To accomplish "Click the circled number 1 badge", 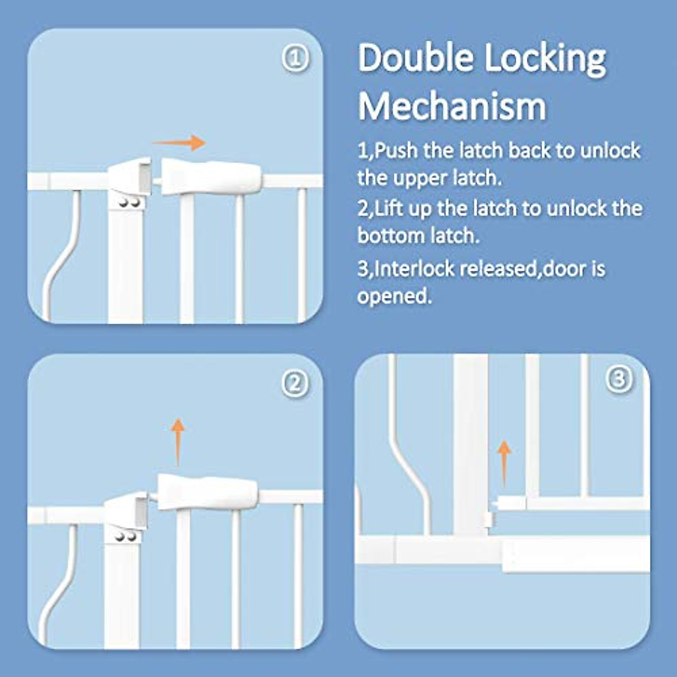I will click(x=295, y=59).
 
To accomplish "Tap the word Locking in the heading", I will click(x=545, y=59).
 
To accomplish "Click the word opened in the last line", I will click(x=394, y=296).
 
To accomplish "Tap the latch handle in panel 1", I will click(x=212, y=177).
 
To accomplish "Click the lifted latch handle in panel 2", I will click(x=208, y=492).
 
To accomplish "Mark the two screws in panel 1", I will click(x=130, y=202).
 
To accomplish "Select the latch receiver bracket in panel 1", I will click(x=131, y=176).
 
